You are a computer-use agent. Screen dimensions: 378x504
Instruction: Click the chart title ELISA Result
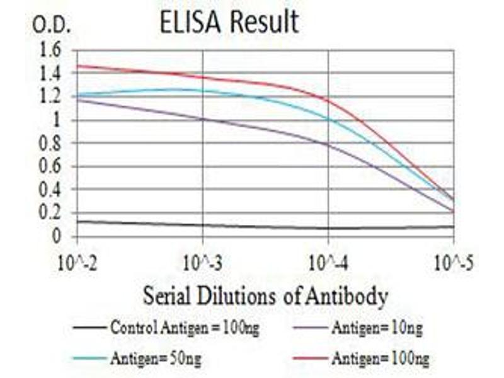click(x=229, y=23)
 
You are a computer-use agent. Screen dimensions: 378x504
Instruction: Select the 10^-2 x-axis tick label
click(x=77, y=261)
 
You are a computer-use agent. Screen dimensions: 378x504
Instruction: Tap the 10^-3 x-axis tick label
click(x=203, y=261)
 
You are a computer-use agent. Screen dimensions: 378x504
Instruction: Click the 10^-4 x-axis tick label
click(x=328, y=261)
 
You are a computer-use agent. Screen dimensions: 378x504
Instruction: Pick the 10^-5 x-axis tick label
click(x=453, y=261)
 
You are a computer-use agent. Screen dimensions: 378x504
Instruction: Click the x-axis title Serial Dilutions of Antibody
click(x=265, y=295)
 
